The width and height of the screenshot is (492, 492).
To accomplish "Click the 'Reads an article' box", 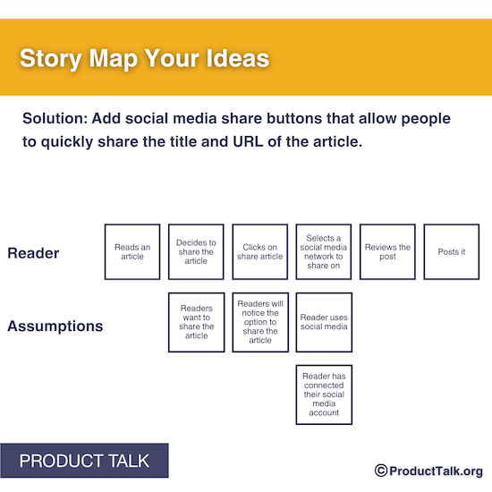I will (132, 251).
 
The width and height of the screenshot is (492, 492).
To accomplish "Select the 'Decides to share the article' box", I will (196, 251).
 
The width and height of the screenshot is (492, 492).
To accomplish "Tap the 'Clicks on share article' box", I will (260, 251).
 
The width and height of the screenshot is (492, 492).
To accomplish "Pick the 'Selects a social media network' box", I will (324, 251).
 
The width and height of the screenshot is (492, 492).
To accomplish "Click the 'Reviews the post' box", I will (387, 251).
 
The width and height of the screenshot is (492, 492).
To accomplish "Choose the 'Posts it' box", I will (452, 251).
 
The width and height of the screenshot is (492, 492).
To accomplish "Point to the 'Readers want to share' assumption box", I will (196, 321).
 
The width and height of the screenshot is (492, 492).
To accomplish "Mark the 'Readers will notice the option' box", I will (260, 321).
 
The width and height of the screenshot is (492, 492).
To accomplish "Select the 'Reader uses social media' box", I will (324, 321).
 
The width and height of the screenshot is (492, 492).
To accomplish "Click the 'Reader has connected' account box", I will (324, 394).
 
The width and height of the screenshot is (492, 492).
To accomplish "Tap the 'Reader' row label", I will (33, 253).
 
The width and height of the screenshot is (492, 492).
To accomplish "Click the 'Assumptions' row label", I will (55, 327).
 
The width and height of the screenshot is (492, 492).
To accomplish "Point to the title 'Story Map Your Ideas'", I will (144, 59).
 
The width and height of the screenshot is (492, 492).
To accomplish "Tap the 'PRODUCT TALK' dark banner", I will (84, 462).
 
